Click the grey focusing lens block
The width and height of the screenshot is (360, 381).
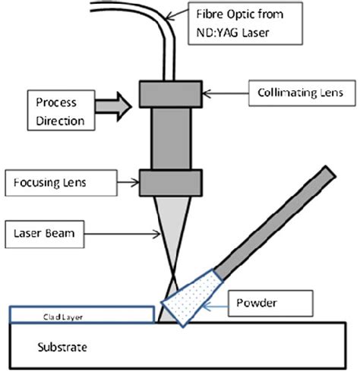[169, 181]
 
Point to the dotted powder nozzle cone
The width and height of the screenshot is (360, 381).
[191, 300]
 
